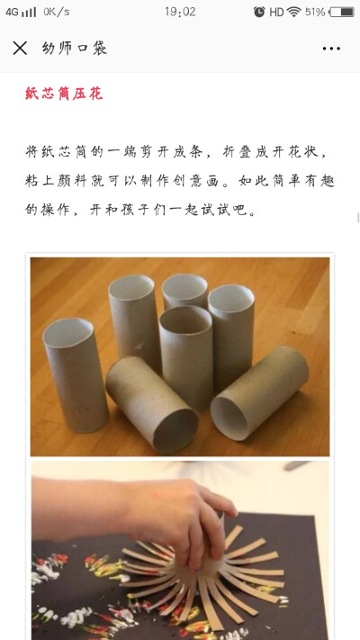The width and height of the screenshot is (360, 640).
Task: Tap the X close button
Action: coord(20,49)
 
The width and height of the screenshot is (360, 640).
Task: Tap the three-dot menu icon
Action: coord(331,49)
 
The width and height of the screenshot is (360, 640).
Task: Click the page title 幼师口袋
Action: coord(75,49)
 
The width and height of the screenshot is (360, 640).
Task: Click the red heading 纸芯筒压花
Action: coord(64,94)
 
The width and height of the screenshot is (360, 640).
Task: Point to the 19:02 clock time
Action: coord(180,12)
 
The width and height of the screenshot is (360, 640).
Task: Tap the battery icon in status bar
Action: coord(342,12)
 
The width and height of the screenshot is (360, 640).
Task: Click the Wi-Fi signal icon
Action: coord(294,12)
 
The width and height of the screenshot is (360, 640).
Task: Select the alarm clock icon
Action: coord(259,12)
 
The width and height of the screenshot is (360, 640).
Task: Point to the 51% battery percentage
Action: coord(315,12)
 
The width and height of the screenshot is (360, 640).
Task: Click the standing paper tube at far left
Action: coord(75,374)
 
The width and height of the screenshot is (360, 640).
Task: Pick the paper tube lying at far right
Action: coord(259,392)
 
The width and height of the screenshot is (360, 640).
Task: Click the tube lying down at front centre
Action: coord(152,403)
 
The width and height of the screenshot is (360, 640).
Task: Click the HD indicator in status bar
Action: coord(276,12)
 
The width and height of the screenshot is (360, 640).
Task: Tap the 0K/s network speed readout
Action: coord(57,12)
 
